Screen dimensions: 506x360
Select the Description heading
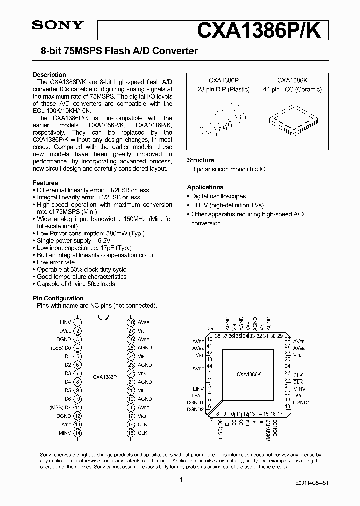coord(49,75)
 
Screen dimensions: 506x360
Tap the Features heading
coord(45,183)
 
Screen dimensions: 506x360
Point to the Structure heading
coord(200,160)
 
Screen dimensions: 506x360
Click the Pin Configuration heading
coord(58,298)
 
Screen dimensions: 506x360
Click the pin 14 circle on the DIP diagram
coord(78,433)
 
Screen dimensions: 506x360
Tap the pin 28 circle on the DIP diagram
coord(131,322)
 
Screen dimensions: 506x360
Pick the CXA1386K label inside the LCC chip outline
coord(249,374)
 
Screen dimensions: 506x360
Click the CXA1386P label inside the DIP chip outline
coord(105,377)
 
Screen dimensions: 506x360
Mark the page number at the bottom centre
coord(179,480)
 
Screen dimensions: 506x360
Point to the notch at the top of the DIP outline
coord(104,318)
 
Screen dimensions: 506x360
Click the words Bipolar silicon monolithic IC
coord(228,169)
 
